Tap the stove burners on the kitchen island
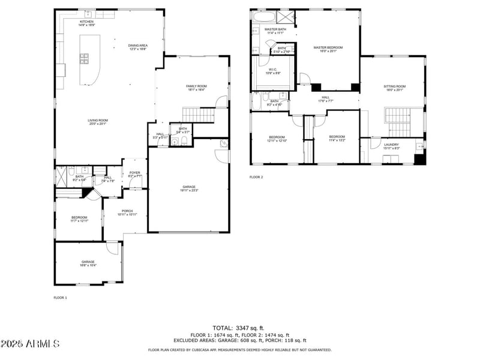click(x=85, y=59)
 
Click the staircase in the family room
click(x=198, y=115)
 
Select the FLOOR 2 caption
click(x=256, y=177)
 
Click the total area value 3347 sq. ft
click(x=239, y=328)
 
